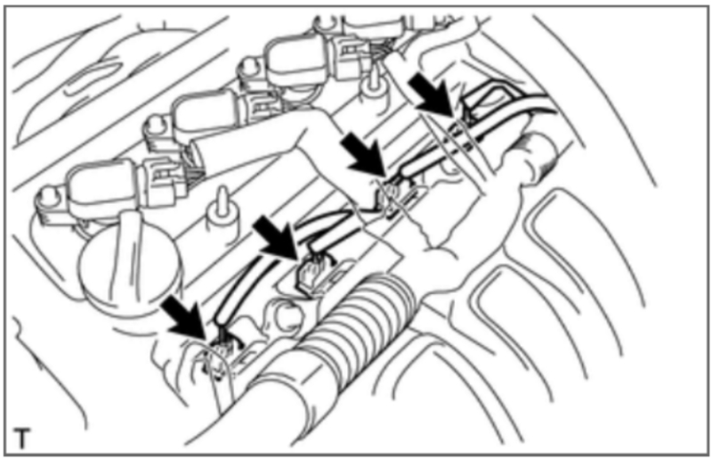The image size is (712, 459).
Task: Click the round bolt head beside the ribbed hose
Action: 286,314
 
